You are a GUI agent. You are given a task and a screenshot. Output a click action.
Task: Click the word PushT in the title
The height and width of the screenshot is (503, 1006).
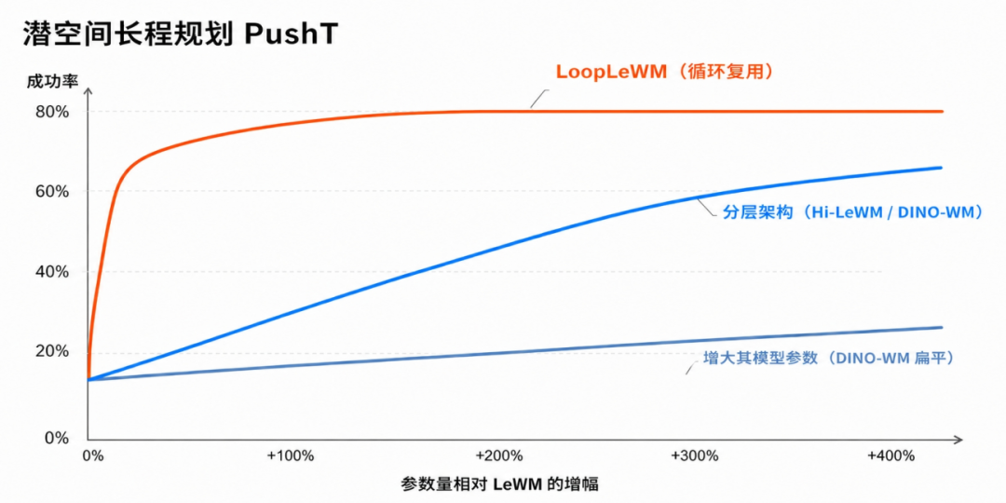tap(290, 34)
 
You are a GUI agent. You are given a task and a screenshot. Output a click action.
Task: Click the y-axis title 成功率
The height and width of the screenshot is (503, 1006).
tap(52, 81)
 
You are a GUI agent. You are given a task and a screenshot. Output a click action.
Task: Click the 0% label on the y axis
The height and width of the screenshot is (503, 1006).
tap(57, 439)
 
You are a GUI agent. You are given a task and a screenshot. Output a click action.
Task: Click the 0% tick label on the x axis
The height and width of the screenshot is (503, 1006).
tap(93, 456)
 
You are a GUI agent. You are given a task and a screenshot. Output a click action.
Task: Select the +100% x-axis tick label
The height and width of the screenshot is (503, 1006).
tap(291, 456)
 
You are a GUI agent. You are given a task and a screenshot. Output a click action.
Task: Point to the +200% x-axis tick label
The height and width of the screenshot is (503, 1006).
tap(499, 456)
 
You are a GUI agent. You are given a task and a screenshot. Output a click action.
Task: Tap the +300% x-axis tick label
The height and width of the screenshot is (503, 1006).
tap(695, 456)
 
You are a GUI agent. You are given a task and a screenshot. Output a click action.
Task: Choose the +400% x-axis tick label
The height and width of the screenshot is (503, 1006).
tap(890, 456)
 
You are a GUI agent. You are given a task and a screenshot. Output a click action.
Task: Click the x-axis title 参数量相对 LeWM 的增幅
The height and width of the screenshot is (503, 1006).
tap(503, 483)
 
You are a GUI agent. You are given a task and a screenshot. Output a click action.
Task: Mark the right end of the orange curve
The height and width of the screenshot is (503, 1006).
tap(943, 112)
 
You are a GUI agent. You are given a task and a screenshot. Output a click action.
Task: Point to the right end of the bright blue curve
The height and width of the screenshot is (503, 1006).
tap(941, 168)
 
